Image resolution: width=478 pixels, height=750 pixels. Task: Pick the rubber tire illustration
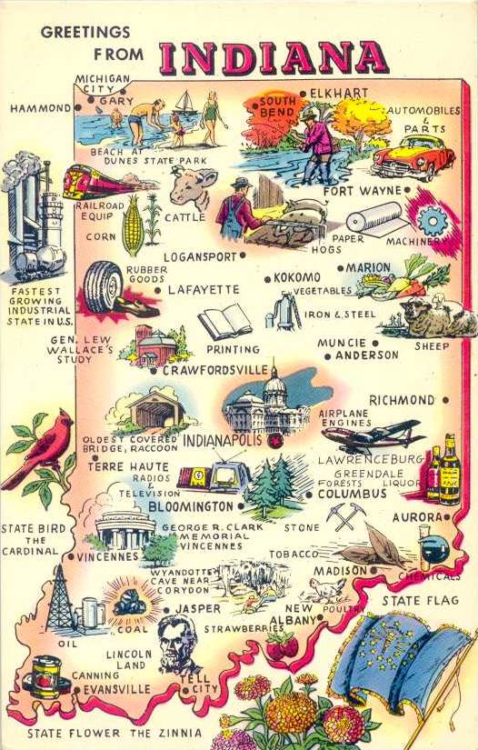105,287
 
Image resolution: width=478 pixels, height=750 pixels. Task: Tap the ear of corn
134,225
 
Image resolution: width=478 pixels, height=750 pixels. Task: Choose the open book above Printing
224,321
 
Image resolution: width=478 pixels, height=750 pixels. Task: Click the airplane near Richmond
373,435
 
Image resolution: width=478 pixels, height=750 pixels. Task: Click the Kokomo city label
297,276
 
